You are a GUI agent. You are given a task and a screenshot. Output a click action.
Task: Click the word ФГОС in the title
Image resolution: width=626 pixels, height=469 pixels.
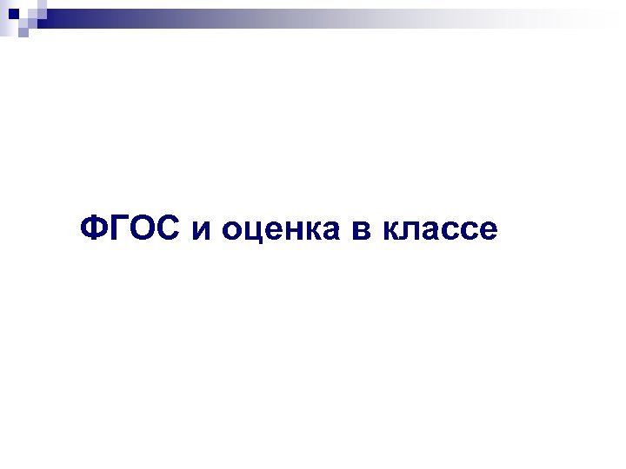coord(131,229)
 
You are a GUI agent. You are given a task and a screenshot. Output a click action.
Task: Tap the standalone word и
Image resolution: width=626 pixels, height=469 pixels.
coord(201,233)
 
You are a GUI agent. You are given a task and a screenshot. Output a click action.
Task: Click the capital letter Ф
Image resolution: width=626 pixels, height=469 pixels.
coord(93,229)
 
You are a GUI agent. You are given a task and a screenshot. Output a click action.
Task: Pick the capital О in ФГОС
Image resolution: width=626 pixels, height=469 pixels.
coord(142,229)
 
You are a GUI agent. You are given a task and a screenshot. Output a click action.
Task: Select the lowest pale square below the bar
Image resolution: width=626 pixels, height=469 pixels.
coord(23,32)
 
